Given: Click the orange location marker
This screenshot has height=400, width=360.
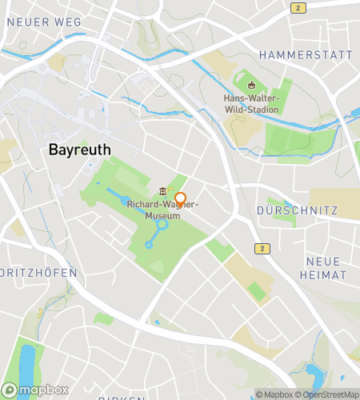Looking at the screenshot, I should [180, 200].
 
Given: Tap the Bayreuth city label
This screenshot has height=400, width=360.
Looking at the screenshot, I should [80, 150].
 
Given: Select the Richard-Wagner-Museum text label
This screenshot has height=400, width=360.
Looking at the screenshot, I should [162, 209].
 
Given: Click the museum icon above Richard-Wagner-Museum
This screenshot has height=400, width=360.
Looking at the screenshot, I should [162, 191].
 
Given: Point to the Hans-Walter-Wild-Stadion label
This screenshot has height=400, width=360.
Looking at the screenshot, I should [251, 103].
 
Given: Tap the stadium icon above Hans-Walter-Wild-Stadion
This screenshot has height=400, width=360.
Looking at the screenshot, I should [251, 86].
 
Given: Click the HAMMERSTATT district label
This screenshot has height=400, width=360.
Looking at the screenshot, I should [306, 55].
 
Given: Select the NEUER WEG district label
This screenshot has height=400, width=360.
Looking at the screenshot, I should [44, 22].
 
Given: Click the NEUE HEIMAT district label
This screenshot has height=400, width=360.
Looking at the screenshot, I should [322, 268].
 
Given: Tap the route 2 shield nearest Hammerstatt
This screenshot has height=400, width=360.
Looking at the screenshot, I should [298, 8].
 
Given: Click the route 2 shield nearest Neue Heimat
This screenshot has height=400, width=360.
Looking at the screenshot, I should [261, 249].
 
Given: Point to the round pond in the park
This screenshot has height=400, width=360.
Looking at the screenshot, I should [162, 226].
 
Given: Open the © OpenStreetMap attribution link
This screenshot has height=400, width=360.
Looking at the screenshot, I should [326, 394].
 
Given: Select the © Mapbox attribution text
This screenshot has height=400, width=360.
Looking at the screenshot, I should [274, 394].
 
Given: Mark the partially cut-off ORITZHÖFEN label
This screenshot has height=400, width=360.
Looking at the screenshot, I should [38, 273].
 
